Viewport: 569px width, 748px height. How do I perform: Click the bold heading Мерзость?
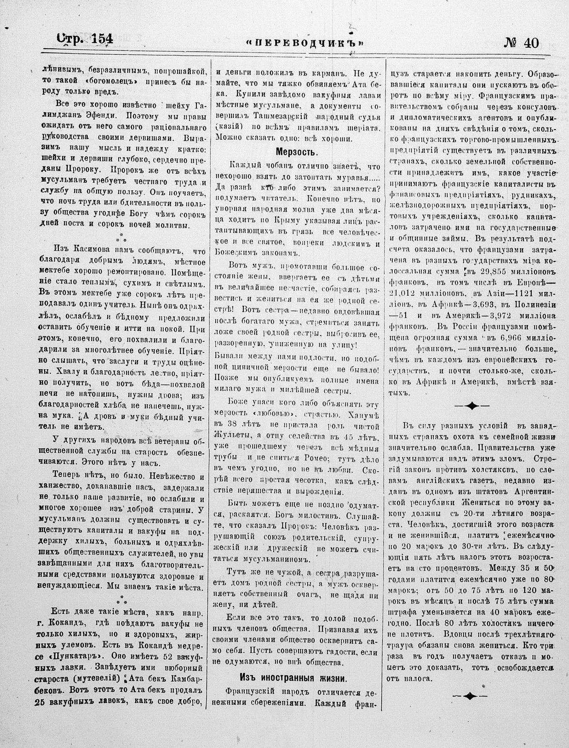(x=297, y=152)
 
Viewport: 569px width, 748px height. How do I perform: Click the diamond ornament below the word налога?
(x=470, y=696)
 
